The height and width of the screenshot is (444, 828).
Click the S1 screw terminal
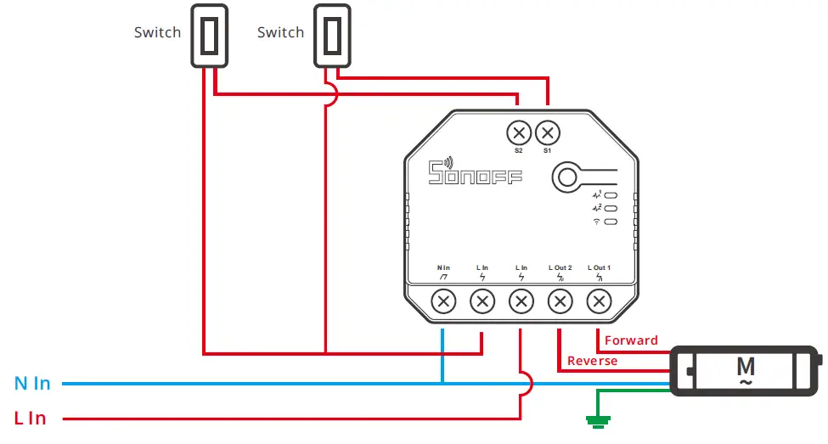(548, 132)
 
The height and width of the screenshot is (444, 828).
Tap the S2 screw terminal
(519, 132)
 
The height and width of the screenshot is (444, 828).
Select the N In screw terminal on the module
(443, 301)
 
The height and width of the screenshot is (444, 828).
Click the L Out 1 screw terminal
(599, 301)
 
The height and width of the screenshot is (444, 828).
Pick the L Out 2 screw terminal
(560, 301)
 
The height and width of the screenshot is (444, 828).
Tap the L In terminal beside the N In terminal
(482, 301)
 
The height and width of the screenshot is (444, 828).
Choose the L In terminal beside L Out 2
(521, 301)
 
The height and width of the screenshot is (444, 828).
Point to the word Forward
(631, 340)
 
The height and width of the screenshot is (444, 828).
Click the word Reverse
(592, 361)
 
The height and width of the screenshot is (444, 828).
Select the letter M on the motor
(746, 367)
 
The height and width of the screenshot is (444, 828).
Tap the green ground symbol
(598, 419)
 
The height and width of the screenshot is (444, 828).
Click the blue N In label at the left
(32, 384)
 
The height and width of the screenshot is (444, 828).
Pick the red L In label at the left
(30, 419)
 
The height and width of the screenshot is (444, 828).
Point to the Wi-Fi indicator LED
(611, 222)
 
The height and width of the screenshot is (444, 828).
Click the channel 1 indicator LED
(611, 195)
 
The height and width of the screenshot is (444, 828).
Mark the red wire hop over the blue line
(526, 384)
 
